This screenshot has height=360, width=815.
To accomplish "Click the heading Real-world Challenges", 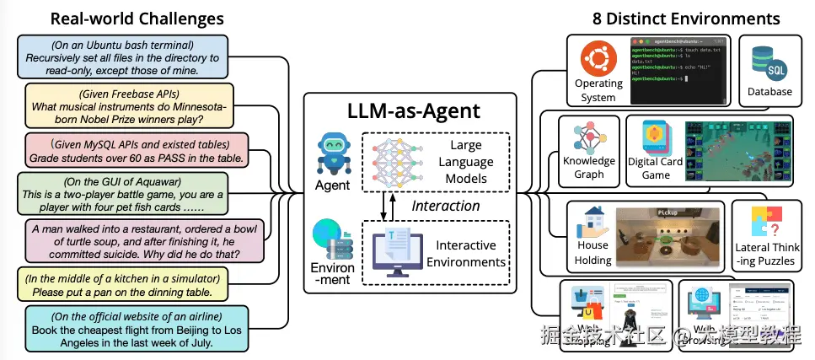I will coord(137,18).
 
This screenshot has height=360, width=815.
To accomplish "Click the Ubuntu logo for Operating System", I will coord(598,61).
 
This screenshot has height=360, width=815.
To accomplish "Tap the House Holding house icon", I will coord(592,225).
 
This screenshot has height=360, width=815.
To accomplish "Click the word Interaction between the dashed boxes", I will coord(445,205).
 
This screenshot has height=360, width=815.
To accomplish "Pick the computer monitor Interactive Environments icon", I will coord(399,251).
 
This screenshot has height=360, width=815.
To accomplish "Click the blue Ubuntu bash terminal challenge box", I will coord(122,56).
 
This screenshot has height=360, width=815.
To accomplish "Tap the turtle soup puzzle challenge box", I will coord(138,240).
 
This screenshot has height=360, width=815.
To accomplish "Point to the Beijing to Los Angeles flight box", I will coord(137,330).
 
